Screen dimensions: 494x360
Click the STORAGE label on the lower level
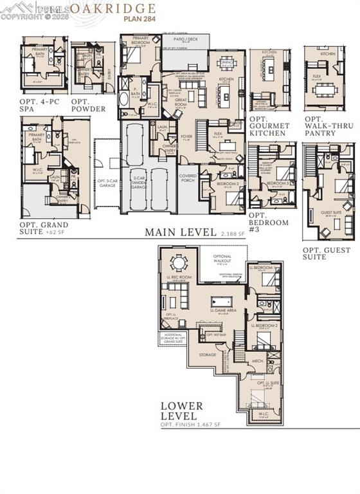(x=207, y=354)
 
